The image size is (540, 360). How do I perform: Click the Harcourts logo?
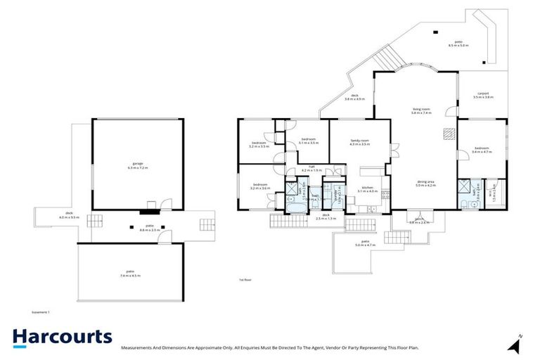62,337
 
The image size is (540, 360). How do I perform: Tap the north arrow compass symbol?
517,345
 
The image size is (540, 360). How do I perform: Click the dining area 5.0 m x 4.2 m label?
425,184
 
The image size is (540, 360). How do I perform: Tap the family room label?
360,143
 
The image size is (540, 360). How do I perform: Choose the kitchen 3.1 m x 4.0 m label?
369,189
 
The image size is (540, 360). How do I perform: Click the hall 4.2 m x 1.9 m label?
311,169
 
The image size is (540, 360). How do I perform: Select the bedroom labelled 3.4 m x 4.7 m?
482,150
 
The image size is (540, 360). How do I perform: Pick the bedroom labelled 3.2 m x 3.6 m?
261,187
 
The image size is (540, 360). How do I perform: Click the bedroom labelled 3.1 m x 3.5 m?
309,141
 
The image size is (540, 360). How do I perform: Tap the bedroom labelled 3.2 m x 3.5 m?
259,145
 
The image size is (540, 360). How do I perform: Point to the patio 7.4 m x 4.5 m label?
130,275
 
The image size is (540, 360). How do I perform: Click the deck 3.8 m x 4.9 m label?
355,98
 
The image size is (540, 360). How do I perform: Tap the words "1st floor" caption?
245,280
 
